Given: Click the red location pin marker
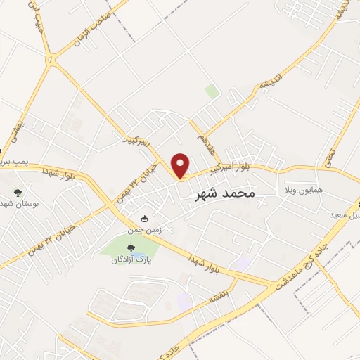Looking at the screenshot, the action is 181,165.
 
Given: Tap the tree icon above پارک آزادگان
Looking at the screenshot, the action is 130,247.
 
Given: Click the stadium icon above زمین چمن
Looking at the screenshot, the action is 145,219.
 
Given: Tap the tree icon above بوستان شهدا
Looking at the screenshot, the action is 18,192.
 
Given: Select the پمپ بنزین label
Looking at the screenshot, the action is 15,162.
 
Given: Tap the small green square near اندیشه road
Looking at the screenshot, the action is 212,91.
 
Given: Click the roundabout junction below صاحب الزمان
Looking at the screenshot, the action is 50,58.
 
